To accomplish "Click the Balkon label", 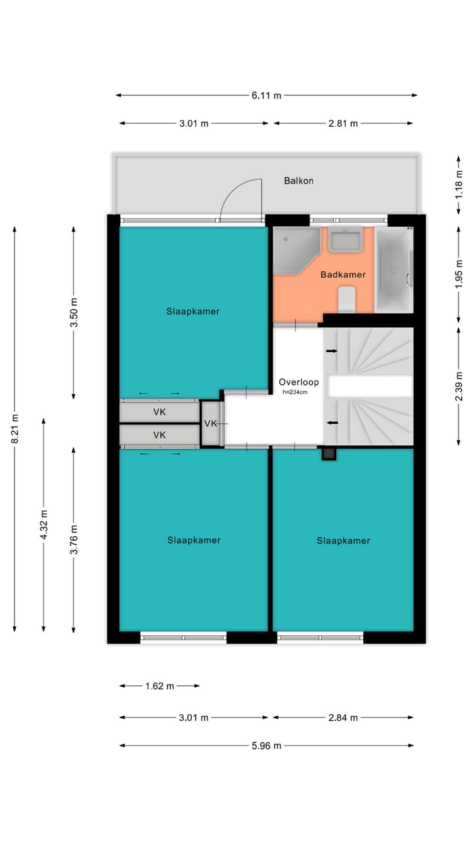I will pyautogui.click(x=298, y=181).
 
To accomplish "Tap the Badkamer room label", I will pyautogui.click(x=343, y=275).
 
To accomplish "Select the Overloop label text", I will pyautogui.click(x=298, y=382).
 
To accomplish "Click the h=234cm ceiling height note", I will pyautogui.click(x=295, y=392).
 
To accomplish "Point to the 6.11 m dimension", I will pyautogui.click(x=266, y=95).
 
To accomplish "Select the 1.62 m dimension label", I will pyautogui.click(x=160, y=686).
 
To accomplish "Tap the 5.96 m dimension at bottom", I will pyautogui.click(x=266, y=745).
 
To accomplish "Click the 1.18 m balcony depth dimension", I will pyautogui.click(x=459, y=185).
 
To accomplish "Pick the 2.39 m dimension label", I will pyautogui.click(x=459, y=386).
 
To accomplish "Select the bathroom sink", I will pyautogui.click(x=346, y=240).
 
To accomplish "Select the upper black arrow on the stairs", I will pyautogui.click(x=332, y=352).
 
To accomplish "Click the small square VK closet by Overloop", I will pyautogui.click(x=211, y=424).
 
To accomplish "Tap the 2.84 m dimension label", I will pyautogui.click(x=344, y=717).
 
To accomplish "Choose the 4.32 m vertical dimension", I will pyautogui.click(x=43, y=524).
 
